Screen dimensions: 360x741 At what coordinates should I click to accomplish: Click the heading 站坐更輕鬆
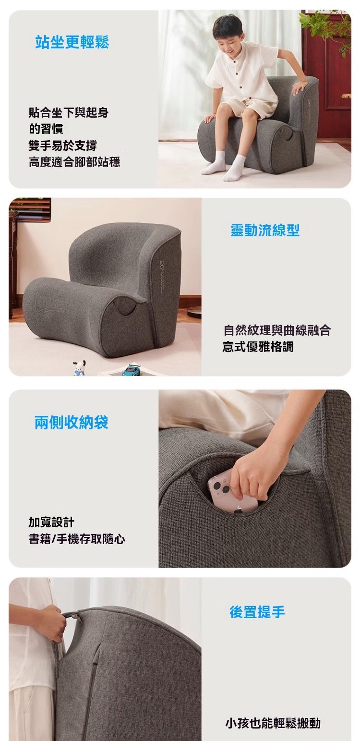(72, 42)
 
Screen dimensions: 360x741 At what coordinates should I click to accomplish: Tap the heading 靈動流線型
(265, 230)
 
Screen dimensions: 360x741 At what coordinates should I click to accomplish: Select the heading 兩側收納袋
(72, 422)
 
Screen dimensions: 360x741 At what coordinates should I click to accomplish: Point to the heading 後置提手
(257, 612)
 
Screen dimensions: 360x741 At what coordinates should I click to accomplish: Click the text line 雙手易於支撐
(63, 146)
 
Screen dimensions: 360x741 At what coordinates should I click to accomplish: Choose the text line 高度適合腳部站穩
(74, 162)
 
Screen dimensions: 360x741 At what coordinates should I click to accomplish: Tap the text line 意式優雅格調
(258, 347)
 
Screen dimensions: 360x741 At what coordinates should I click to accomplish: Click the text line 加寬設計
(51, 522)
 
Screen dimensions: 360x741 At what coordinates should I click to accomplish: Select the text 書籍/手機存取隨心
(77, 539)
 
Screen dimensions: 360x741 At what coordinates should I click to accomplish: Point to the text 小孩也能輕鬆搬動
(273, 723)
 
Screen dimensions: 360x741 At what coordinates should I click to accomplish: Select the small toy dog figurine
(79, 368)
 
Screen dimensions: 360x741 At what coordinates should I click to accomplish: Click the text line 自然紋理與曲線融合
(277, 330)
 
